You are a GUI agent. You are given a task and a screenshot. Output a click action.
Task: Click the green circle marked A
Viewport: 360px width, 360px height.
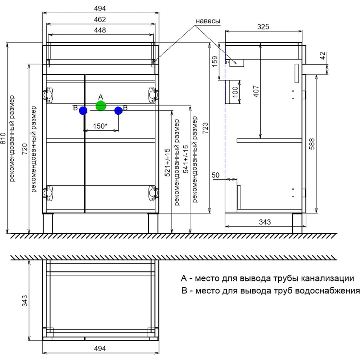[101, 106]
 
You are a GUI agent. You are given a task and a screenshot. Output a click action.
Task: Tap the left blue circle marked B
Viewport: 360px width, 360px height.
[83, 111]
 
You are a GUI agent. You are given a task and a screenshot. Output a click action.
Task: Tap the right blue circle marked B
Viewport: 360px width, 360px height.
[118, 111]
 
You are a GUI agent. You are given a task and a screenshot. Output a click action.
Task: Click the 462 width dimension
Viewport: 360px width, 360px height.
[100, 19]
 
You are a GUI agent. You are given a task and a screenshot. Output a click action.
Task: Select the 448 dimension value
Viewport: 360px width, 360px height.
[100, 30]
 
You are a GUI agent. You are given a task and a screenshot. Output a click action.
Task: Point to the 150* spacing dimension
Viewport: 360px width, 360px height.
[100, 126]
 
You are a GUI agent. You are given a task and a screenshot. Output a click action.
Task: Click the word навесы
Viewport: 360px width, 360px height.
[208, 21]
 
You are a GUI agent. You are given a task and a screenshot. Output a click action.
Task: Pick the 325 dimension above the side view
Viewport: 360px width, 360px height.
[263, 27]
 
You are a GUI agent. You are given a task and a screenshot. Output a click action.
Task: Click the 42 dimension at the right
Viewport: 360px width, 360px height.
[323, 55]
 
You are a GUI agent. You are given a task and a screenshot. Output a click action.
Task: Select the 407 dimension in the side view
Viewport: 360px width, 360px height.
[256, 91]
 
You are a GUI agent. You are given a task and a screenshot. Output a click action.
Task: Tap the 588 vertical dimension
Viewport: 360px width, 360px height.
[311, 144]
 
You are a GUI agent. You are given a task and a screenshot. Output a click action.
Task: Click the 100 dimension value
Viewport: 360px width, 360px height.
[235, 92]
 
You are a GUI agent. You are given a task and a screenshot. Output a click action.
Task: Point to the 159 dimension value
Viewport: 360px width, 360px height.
[215, 61]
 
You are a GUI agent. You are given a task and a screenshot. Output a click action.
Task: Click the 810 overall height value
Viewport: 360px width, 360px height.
[3, 138]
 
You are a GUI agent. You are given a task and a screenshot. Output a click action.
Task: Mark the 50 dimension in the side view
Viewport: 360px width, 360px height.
[215, 175]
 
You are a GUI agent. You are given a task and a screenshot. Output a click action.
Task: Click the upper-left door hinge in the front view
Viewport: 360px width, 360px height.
[48, 94]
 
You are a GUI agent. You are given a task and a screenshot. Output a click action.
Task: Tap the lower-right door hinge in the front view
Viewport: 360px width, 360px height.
[153, 193]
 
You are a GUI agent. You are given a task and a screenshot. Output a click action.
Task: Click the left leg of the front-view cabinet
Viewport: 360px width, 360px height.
[48, 224]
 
